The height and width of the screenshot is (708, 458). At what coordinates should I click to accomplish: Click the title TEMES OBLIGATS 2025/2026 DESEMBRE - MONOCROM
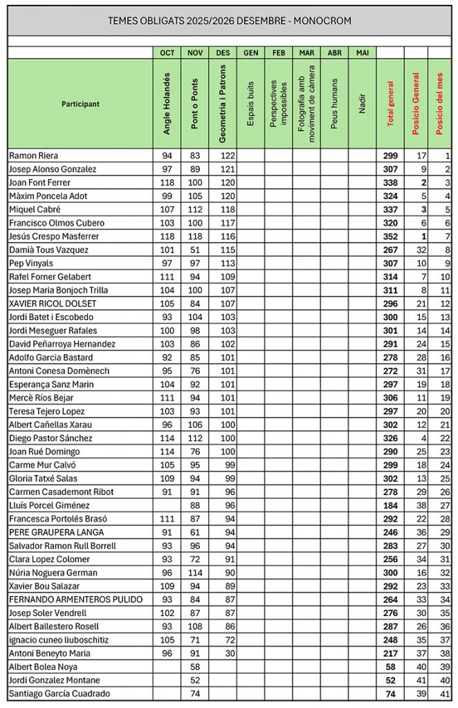click(229, 21)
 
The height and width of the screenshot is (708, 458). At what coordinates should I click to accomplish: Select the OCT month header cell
click(167, 53)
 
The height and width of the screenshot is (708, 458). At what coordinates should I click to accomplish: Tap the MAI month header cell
click(363, 53)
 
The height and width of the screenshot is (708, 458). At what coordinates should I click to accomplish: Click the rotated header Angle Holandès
click(167, 103)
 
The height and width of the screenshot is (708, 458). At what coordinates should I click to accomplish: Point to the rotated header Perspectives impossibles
click(278, 103)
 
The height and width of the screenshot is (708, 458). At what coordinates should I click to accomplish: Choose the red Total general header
click(391, 103)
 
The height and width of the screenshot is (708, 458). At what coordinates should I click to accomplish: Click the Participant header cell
click(80, 104)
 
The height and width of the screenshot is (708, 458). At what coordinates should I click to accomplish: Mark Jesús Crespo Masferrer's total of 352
click(390, 236)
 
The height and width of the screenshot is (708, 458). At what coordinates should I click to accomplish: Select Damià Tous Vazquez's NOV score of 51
click(195, 250)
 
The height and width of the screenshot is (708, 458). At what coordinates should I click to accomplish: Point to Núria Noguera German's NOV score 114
click(194, 572)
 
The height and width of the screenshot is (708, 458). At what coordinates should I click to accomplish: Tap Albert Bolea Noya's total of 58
click(390, 667)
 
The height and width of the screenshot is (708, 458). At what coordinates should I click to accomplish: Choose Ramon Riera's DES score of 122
click(223, 156)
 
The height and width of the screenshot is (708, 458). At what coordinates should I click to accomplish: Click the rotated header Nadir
click(363, 103)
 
